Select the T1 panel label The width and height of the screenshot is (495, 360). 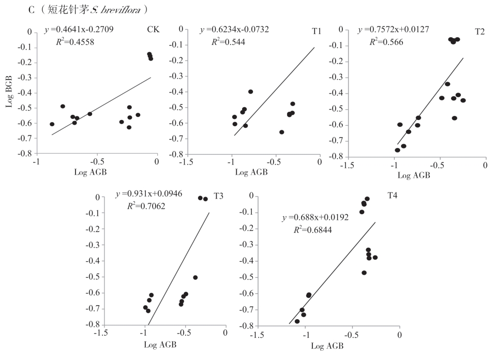pos(317,32)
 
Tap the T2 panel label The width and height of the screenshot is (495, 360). pos(479,32)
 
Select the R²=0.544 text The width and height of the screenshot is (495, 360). pos(228,41)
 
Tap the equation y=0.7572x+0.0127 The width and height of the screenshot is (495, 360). pos(393,29)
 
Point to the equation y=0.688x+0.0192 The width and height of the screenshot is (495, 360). pos(315,218)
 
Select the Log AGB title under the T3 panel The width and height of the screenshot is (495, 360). pos(160,344)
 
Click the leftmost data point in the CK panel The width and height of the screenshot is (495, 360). pos(52,124)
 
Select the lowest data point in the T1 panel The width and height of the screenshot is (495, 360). pos(282,132)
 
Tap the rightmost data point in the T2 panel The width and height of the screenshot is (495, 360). pos(463,100)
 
